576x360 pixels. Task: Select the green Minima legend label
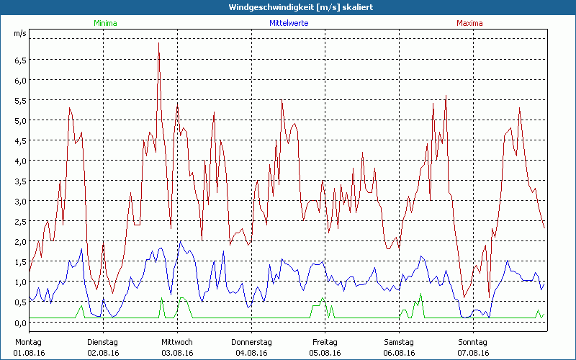click(104, 23)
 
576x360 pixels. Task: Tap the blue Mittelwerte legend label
click(289, 23)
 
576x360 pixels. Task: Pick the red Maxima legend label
click(469, 23)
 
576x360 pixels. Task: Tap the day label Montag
click(29, 341)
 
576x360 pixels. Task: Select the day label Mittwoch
click(177, 341)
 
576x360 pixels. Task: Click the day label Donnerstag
click(251, 341)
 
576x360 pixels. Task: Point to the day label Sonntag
click(473, 341)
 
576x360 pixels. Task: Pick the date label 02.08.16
click(103, 353)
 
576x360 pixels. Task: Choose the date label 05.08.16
click(325, 353)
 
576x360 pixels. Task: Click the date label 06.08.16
click(399, 353)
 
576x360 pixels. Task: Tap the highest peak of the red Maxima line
click(158, 43)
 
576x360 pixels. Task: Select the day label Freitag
click(325, 341)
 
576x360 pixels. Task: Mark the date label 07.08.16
click(473, 353)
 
